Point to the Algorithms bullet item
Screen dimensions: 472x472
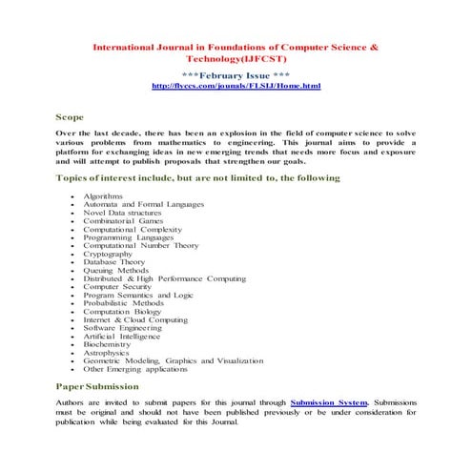[x=102, y=195]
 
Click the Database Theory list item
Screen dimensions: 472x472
[x=113, y=262]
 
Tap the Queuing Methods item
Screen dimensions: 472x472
[x=117, y=271]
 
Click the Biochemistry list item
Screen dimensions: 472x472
[x=108, y=345]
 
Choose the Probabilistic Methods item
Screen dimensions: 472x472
[x=122, y=303]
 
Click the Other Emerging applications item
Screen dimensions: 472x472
[x=136, y=370]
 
